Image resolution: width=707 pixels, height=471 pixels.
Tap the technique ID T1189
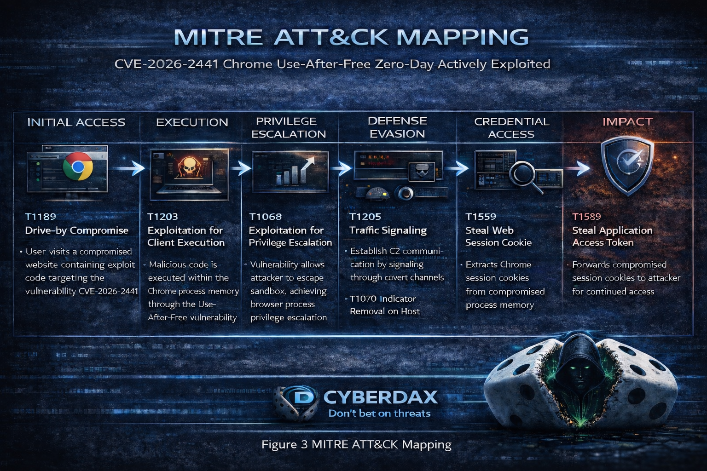point(41,217)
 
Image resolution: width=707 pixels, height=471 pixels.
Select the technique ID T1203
point(162,217)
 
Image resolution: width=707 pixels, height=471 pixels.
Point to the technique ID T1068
point(265,217)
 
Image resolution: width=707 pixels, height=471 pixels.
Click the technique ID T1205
point(365,217)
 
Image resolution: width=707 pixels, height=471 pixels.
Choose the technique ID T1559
point(481,217)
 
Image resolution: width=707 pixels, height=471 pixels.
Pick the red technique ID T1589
point(586,217)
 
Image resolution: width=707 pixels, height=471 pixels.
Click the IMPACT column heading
point(627,122)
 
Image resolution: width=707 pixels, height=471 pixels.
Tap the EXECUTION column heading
point(192,122)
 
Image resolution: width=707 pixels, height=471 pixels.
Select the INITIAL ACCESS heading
point(76,122)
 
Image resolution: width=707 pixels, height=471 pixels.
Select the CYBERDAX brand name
point(380,397)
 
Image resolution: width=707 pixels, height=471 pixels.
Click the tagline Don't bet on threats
point(379,414)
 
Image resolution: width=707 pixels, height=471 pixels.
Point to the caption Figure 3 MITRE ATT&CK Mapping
point(356,444)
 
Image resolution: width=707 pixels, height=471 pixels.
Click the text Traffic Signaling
point(388,230)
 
